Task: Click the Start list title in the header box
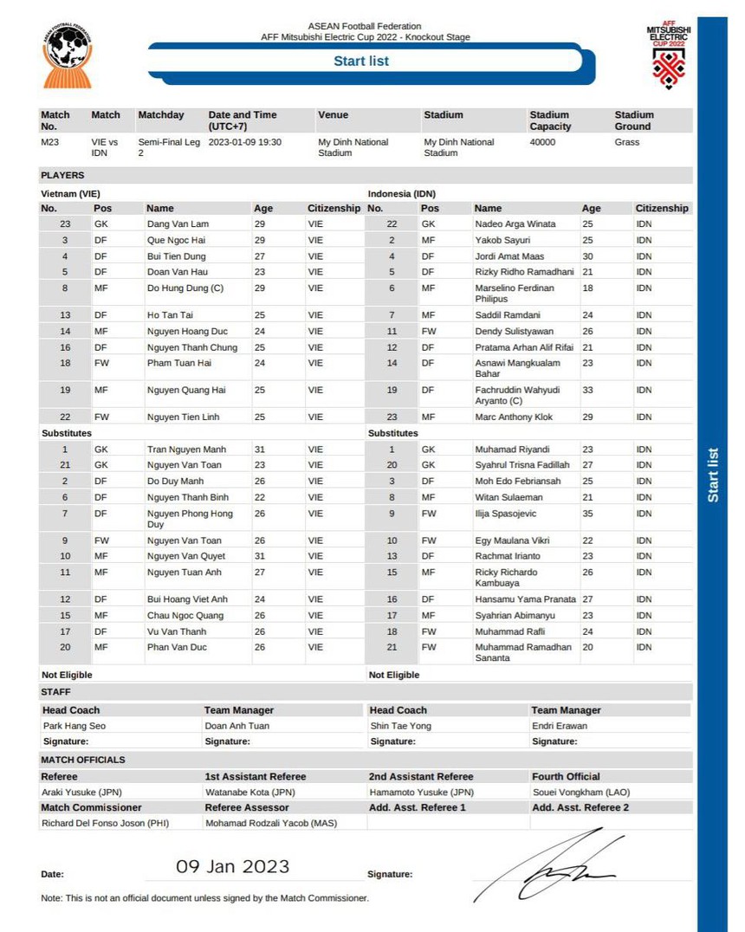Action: pyautogui.click(x=361, y=61)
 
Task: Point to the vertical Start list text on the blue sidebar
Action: pyautogui.click(x=713, y=475)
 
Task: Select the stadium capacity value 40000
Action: pyautogui.click(x=542, y=142)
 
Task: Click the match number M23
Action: pyautogui.click(x=49, y=142)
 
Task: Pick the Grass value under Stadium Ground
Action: pyautogui.click(x=626, y=142)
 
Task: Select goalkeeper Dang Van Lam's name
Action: pyautogui.click(x=178, y=223)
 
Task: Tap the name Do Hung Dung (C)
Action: pyautogui.click(x=185, y=288)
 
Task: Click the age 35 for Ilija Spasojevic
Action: pyautogui.click(x=588, y=514)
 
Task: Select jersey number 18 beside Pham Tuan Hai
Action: pyautogui.click(x=65, y=363)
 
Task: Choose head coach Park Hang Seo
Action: pyautogui.click(x=74, y=726)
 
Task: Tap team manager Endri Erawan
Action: pyautogui.click(x=560, y=726)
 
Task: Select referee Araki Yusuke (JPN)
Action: pyautogui.click(x=82, y=792)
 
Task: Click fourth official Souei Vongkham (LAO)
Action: pyautogui.click(x=581, y=792)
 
